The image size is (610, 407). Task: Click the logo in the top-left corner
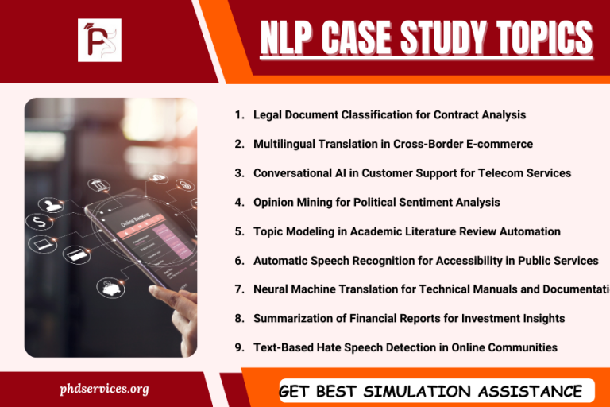tap(99, 40)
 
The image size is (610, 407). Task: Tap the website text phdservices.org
tap(104, 389)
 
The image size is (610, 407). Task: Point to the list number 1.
tap(239, 114)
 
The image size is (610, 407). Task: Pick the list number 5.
tap(239, 231)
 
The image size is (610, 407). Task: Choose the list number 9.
tap(239, 347)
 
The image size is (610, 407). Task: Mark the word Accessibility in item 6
tap(457, 260)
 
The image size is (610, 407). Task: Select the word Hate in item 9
tap(334, 347)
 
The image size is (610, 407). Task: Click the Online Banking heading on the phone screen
tap(135, 224)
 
